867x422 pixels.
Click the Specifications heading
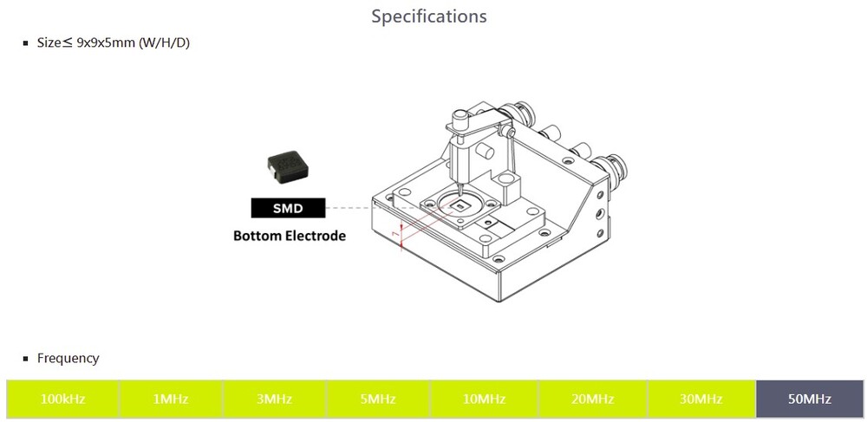point(428,16)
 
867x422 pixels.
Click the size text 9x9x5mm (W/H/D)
point(133,42)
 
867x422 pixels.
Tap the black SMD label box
point(288,208)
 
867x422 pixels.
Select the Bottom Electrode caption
point(290,236)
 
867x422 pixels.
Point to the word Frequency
point(68,358)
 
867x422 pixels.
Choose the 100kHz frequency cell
point(62,399)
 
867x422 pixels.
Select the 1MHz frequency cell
point(171,399)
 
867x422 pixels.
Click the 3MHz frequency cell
point(274,399)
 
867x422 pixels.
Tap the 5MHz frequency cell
point(378,399)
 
